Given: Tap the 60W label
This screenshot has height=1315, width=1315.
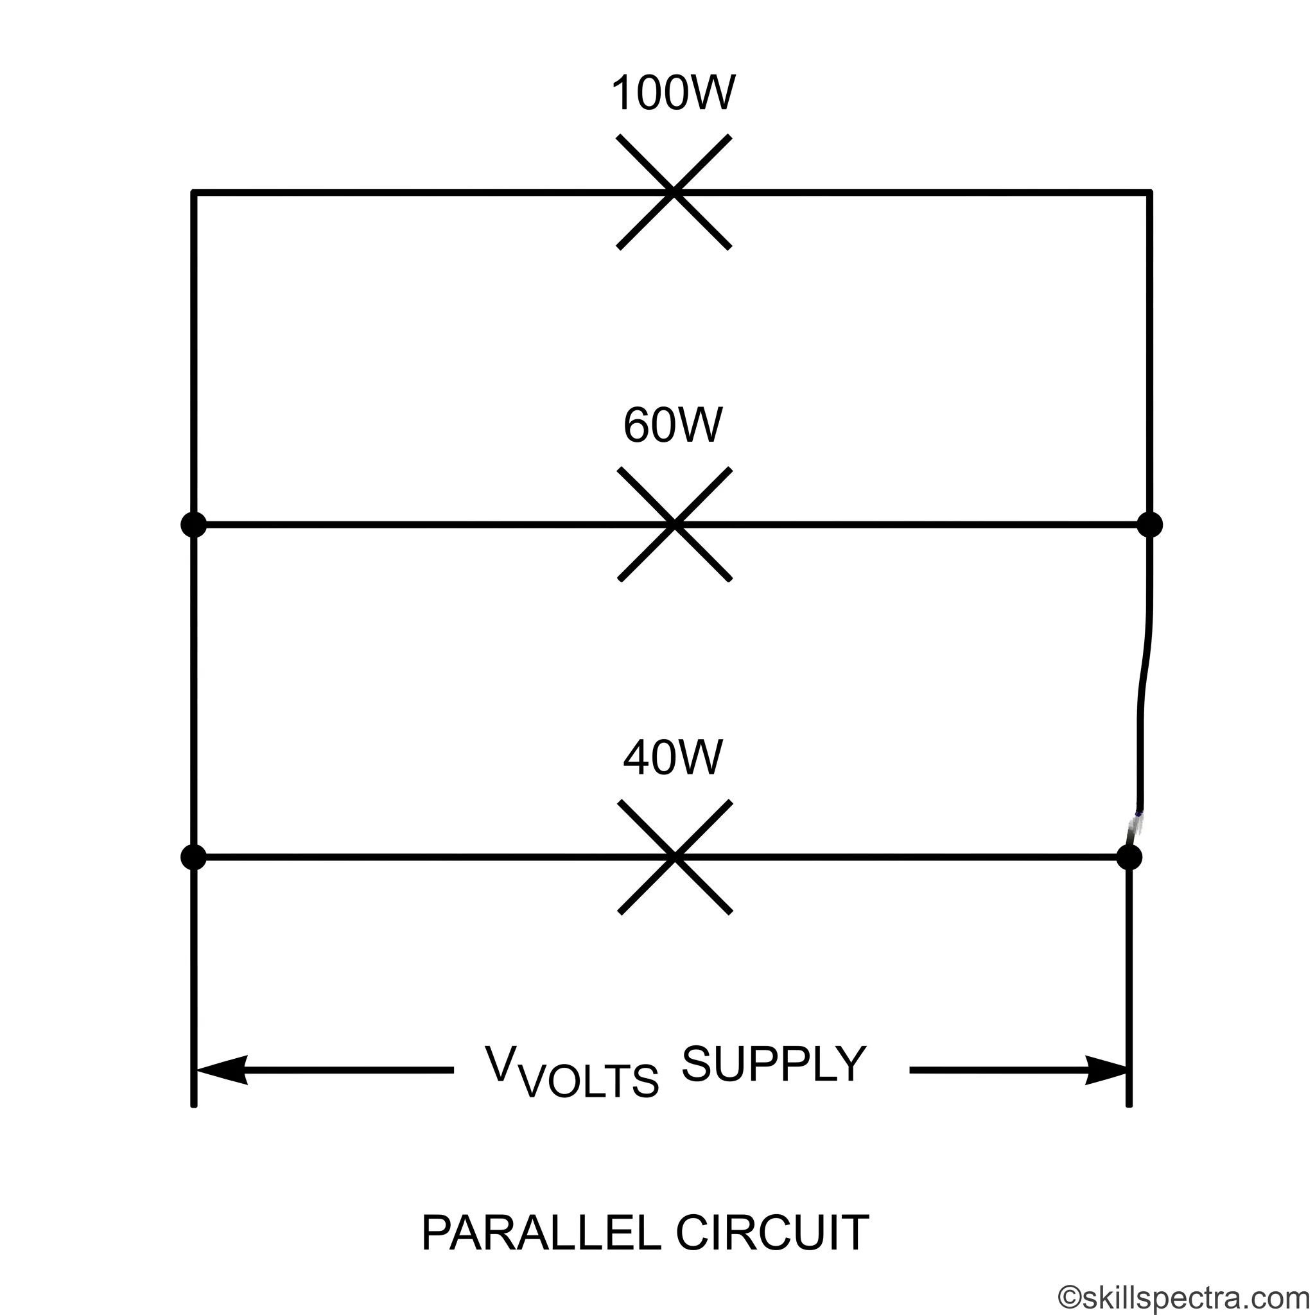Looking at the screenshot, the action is (673, 426).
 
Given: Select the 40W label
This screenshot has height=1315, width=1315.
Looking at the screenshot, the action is (673, 758).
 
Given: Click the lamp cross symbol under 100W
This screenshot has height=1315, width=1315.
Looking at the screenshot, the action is (674, 192).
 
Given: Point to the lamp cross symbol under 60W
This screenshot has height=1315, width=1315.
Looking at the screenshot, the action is (675, 524).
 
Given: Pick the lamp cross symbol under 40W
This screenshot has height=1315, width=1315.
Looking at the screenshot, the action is (675, 857).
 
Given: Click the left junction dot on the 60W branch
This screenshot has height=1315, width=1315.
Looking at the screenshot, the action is (194, 525).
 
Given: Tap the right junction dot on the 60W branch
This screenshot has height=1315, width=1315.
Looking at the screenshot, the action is (1149, 525).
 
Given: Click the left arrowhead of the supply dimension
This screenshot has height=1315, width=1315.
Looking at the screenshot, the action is (222, 1070).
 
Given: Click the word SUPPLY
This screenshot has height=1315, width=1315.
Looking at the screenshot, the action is (774, 1064).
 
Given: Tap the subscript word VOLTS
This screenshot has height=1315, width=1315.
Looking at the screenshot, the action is (589, 1080).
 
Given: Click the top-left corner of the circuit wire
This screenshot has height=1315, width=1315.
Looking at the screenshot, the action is (194, 192).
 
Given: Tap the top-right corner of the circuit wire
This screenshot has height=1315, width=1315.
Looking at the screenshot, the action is (1149, 192).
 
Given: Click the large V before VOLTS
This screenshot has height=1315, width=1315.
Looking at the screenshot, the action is (500, 1063).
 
